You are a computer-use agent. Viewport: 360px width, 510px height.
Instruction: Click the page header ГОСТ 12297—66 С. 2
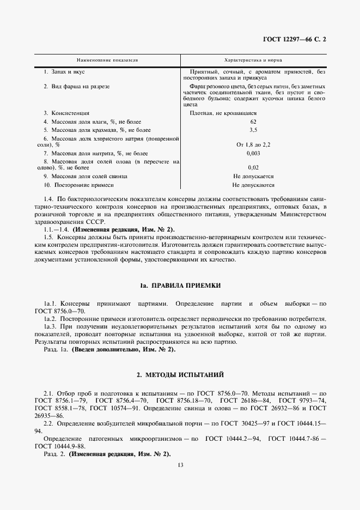[297, 40]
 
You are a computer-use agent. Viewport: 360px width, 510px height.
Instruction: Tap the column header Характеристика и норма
[253, 61]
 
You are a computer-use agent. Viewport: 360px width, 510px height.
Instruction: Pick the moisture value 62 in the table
[253, 122]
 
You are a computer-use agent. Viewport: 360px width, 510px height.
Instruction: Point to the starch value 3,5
[253, 131]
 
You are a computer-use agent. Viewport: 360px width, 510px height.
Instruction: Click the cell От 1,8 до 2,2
[253, 145]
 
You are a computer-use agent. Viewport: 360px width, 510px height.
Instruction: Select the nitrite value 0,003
[253, 154]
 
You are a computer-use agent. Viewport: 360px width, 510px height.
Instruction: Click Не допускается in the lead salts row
[253, 177]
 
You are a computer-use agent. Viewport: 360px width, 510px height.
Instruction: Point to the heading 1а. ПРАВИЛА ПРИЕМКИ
[180, 286]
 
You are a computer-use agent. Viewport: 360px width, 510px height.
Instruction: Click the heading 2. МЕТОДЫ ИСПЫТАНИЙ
[180, 375]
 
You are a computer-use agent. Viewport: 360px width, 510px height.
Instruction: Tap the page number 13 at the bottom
[180, 465]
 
